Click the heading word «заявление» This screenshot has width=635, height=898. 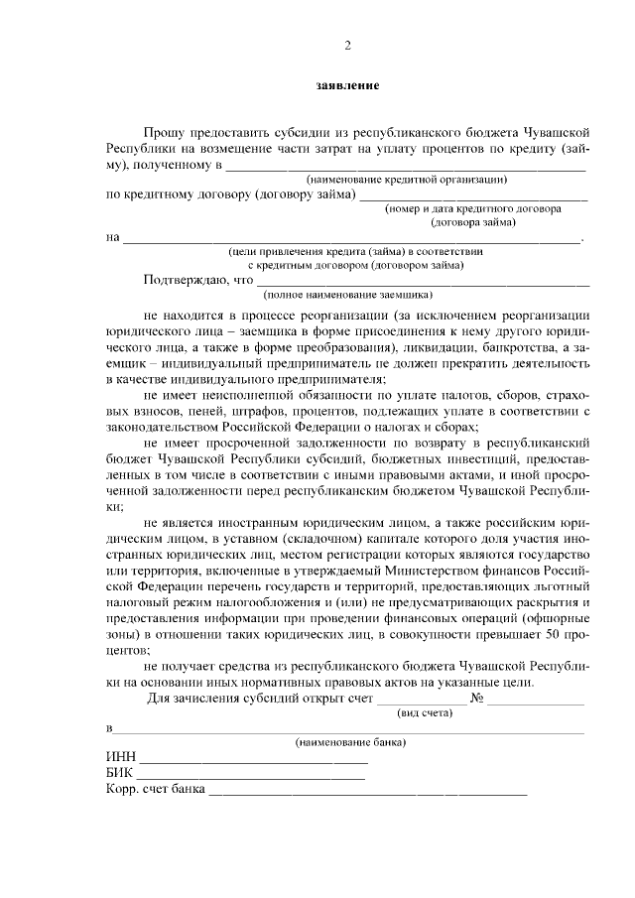pos(347,86)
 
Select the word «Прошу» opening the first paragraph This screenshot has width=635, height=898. pos(163,132)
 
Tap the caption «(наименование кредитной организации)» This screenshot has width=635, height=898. pos(407,180)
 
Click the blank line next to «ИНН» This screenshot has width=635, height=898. pos(253,761)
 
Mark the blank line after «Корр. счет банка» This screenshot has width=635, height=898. pos(367,794)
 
